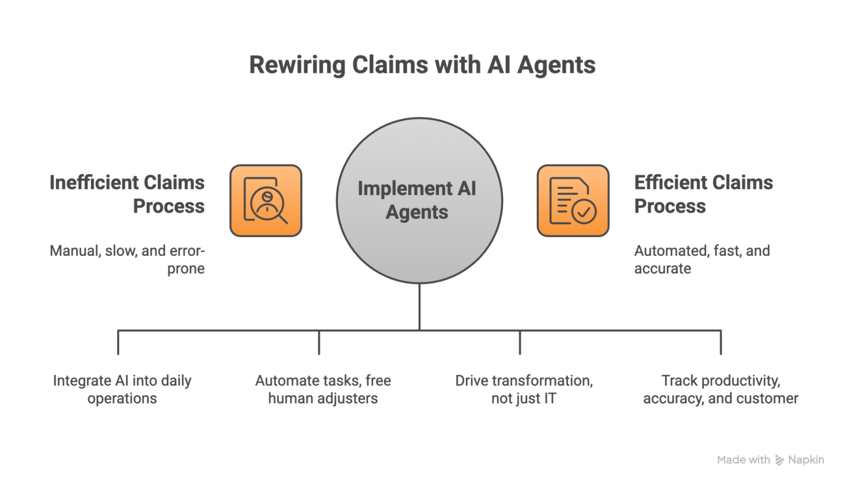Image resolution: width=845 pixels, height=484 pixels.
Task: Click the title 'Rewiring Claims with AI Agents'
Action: [422, 66]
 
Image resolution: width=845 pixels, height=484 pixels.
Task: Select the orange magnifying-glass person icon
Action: [265, 200]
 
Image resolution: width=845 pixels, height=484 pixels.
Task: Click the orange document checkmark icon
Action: [573, 200]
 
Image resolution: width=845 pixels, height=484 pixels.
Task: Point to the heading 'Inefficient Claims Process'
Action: [127, 194]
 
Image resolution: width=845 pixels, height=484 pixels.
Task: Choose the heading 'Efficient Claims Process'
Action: [703, 194]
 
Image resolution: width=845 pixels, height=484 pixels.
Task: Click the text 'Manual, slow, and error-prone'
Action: [127, 259]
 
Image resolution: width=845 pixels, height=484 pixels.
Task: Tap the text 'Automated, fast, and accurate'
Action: [702, 259]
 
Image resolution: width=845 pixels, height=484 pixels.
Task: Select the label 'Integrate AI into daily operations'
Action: [123, 389]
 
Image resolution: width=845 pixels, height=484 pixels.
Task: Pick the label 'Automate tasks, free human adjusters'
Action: [323, 389]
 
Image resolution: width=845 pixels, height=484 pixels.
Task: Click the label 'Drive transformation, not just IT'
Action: [523, 389]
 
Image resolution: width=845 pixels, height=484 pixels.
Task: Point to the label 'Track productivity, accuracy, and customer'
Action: [721, 389]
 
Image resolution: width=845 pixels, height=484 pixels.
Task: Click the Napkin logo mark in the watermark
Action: [779, 460]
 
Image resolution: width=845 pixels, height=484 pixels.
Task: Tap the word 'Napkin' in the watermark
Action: [806, 460]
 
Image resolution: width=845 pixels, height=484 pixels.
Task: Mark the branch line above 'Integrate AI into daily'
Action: [118, 342]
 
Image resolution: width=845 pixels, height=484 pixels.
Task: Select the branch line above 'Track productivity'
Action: [721, 342]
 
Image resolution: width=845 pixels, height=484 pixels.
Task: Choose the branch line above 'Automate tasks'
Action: [319, 342]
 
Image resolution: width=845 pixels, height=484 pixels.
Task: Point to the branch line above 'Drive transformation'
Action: [520, 342]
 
